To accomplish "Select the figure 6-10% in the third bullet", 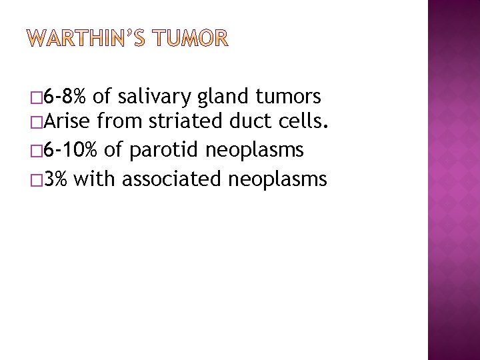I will coord(73,152).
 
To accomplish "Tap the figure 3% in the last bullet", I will coord(58,179).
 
